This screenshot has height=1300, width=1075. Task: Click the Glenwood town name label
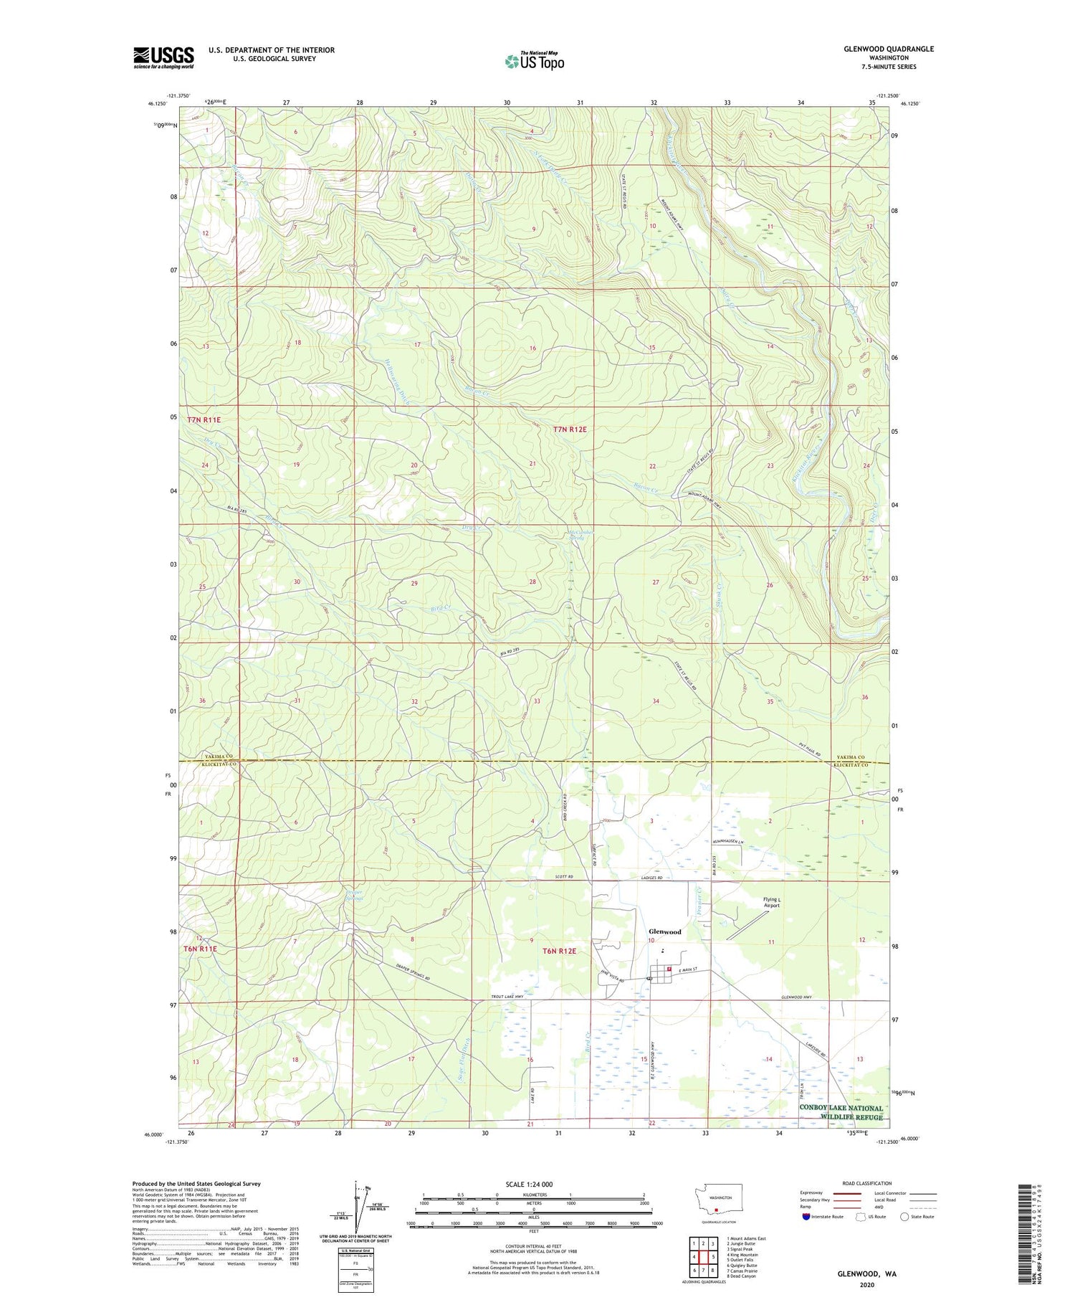pyautogui.click(x=664, y=931)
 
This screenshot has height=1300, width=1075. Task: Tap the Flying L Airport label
pyautogui.click(x=771, y=902)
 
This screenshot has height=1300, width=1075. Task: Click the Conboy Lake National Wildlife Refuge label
pyautogui.click(x=841, y=1112)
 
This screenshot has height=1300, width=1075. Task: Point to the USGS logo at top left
pyautogui.click(x=163, y=57)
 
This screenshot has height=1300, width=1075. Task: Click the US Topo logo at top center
pyautogui.click(x=534, y=61)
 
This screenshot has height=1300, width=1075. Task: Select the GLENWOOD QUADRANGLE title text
pyautogui.click(x=889, y=49)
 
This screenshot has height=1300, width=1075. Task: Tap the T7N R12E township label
pyautogui.click(x=570, y=430)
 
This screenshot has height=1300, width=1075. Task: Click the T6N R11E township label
pyautogui.click(x=201, y=949)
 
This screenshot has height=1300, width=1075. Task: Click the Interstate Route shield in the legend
pyautogui.click(x=806, y=1217)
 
